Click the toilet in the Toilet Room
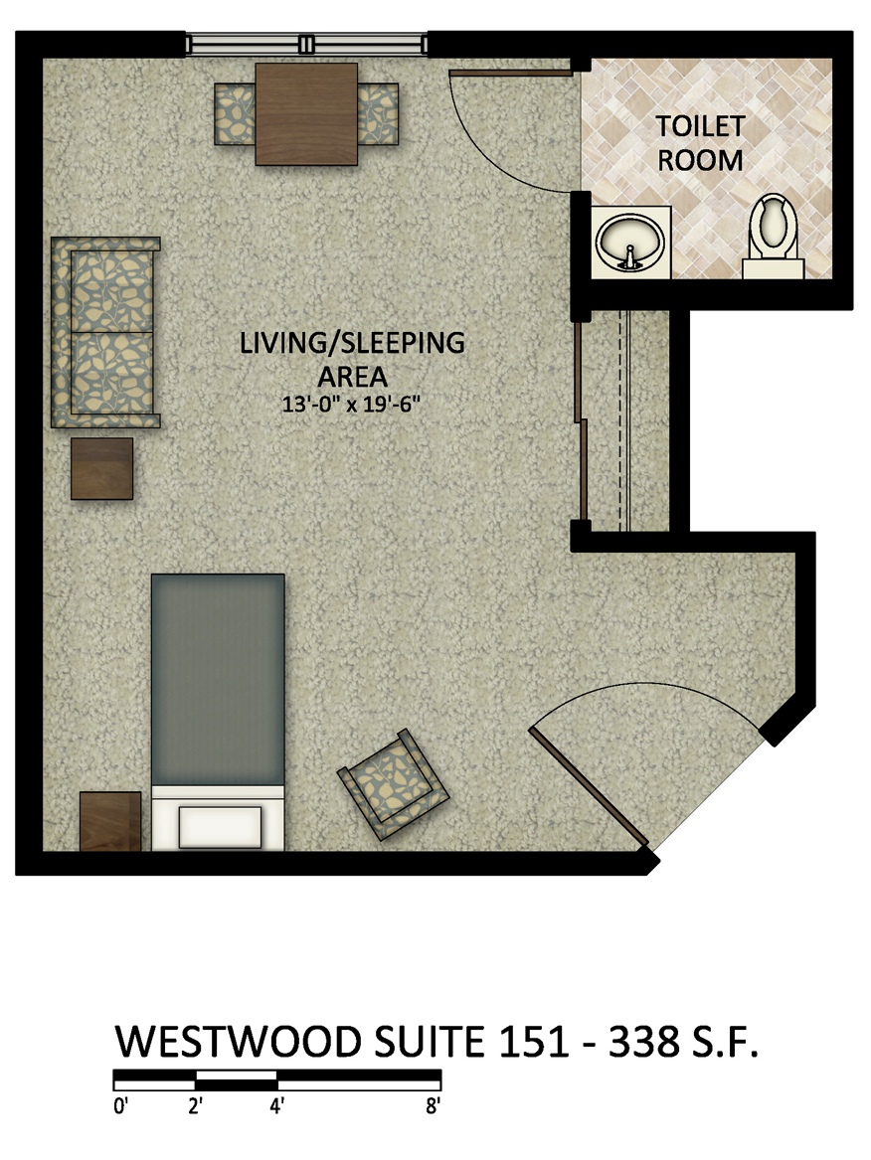pyautogui.click(x=774, y=236)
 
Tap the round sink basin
pyautogui.click(x=629, y=242)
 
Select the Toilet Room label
pyautogui.click(x=699, y=143)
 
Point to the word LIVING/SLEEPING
pyautogui.click(x=352, y=343)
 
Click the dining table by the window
pyautogui.click(x=306, y=114)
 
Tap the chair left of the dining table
pyautogui.click(x=235, y=114)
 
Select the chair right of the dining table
pyautogui.click(x=378, y=114)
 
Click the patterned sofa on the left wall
pyautogui.click(x=105, y=332)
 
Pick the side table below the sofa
pyautogui.click(x=102, y=468)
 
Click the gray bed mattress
pyautogui.click(x=218, y=679)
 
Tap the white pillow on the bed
pyautogui.click(x=221, y=828)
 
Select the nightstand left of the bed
pyautogui.click(x=110, y=821)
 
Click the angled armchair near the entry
pyautogui.click(x=393, y=784)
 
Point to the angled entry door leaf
pyautogui.click(x=589, y=785)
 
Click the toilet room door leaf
pyautogui.click(x=511, y=73)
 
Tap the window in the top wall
pyautogui.click(x=306, y=44)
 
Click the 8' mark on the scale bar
pyautogui.click(x=433, y=1106)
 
